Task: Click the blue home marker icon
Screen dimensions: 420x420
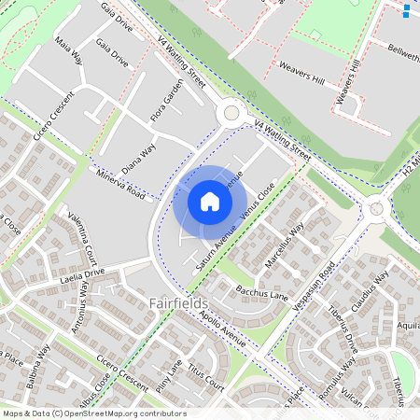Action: (210, 201)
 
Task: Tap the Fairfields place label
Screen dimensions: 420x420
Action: (178, 303)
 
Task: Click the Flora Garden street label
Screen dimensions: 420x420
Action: (167, 102)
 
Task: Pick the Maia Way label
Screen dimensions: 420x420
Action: (69, 53)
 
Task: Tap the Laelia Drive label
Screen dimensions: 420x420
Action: (81, 276)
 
